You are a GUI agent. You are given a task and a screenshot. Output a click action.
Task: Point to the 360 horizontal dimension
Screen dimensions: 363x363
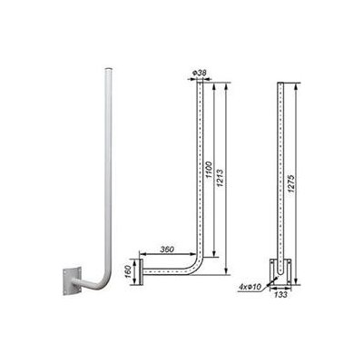pyautogui.click(x=164, y=249)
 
